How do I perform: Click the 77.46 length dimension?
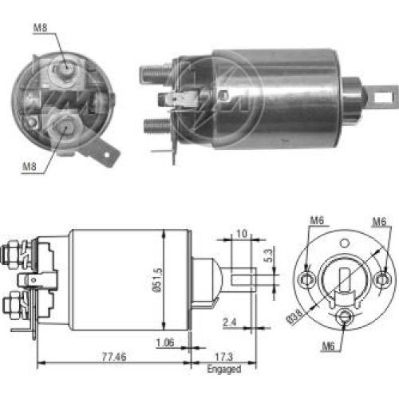pos(114,357)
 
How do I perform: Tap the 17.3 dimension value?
pos(224,357)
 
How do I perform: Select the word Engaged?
pos(224,369)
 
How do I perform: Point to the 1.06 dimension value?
pos(165,342)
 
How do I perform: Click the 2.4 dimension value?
pos(230,322)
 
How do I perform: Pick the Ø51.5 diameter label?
pos(157,280)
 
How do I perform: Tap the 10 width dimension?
pos(242,234)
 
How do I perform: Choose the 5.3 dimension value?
pos(269,255)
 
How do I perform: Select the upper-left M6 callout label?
pos(317,220)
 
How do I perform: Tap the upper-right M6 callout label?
pos(379,222)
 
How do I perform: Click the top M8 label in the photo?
pos(40,27)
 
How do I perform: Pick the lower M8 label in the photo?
pos(30,167)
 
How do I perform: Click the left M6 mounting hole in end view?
pos(306,279)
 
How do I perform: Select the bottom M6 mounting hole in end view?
pos(345,316)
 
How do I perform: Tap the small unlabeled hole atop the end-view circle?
pos(345,243)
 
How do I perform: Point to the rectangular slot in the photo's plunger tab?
pos(384,97)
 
